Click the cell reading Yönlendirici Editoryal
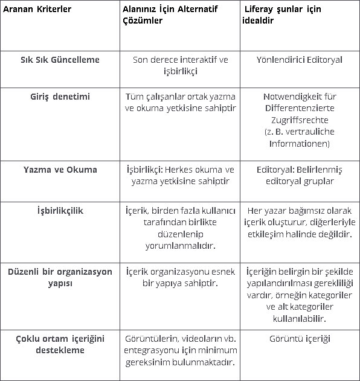[300, 60]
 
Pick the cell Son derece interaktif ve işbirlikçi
[180, 65]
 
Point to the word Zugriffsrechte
[300, 120]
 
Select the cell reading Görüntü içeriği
[300, 339]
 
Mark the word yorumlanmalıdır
[180, 246]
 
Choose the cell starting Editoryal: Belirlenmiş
[300, 175]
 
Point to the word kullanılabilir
[300, 318]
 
